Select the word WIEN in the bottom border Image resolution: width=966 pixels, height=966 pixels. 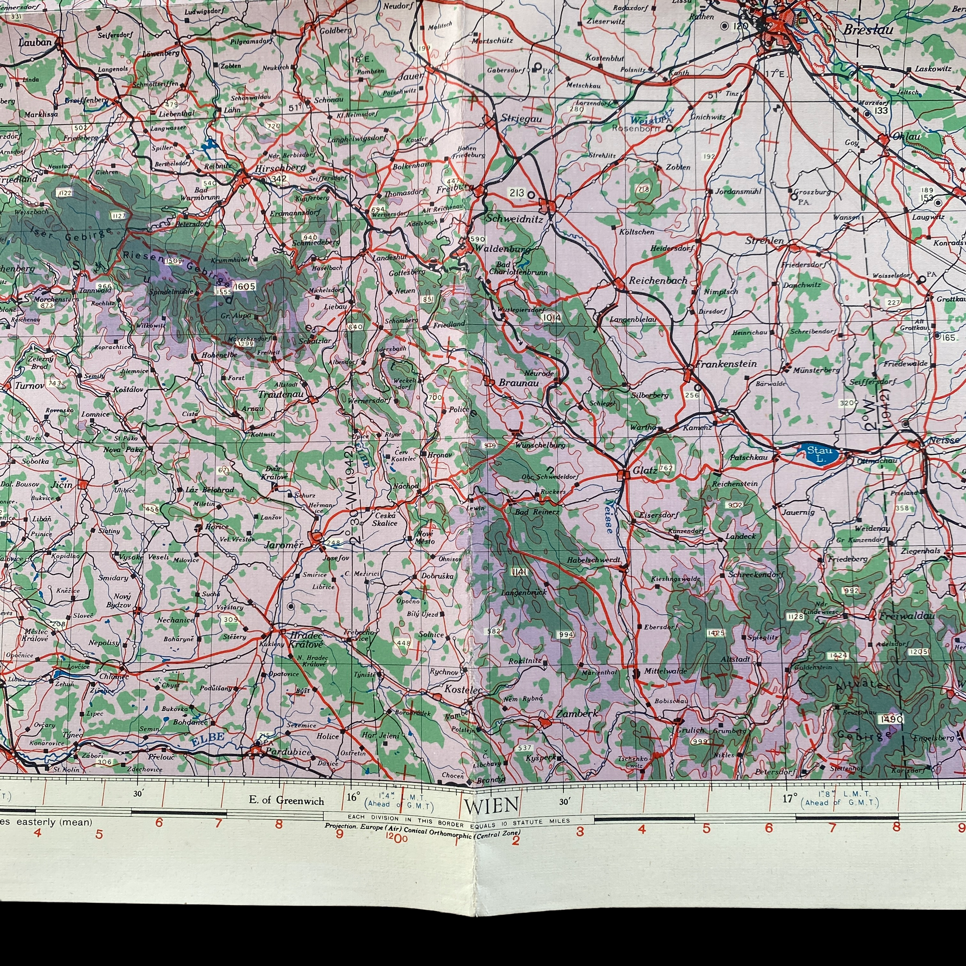pos(491,805)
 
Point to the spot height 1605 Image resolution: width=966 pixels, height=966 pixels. pos(244,286)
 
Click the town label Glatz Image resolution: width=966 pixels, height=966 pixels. pos(644,471)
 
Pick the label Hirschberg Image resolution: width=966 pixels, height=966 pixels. pos(280,168)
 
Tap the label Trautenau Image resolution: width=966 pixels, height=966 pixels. pos(281,394)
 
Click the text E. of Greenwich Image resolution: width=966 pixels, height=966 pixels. pos(287,800)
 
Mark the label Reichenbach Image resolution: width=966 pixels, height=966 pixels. pos(658,281)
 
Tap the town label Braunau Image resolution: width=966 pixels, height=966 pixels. pos(518,383)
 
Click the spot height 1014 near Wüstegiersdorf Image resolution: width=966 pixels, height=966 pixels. pos(551,317)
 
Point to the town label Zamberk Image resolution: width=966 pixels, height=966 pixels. pos(576,714)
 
